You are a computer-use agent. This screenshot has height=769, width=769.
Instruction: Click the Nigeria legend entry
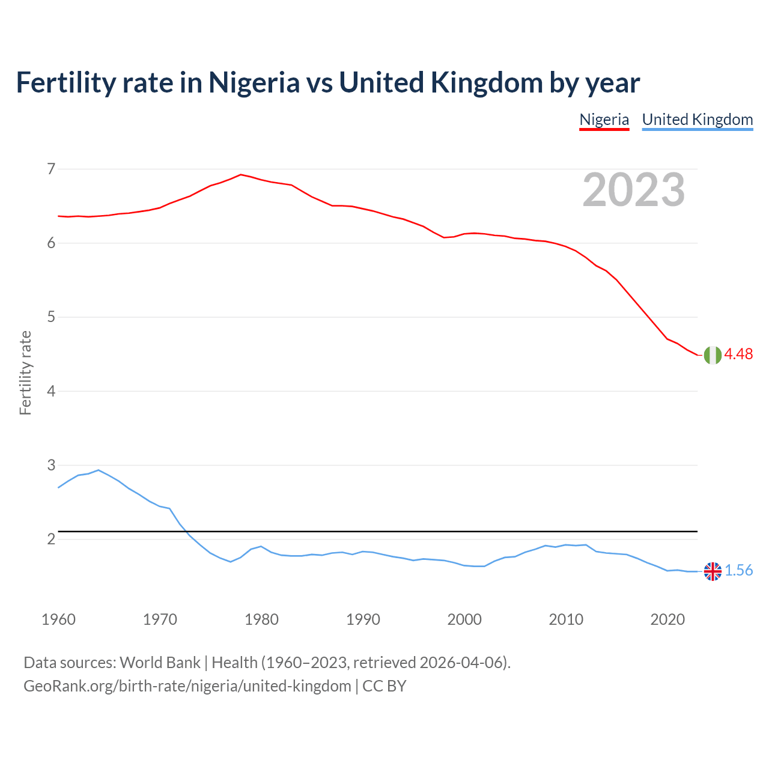604,120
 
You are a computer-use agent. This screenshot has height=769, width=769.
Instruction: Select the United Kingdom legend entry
697,120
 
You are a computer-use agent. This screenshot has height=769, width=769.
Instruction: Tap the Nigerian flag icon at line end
713,355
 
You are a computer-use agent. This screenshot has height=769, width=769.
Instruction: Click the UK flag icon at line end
713,571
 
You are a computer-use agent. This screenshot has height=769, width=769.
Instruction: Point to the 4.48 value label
738,354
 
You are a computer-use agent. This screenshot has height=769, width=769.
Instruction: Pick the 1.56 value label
738,571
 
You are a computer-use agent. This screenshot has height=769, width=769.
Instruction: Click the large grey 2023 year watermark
633,190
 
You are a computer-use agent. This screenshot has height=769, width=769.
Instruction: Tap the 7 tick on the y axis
51,169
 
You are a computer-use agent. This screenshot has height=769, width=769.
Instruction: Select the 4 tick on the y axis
51,391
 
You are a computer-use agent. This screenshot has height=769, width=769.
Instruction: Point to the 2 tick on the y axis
51,539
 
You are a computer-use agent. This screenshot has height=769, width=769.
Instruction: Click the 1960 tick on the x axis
58,619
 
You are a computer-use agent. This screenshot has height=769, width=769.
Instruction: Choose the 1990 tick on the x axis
363,619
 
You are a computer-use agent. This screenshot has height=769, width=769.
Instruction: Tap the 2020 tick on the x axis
667,619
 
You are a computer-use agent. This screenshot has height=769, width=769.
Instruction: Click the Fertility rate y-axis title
25,372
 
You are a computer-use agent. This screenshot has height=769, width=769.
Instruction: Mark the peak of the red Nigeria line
241,175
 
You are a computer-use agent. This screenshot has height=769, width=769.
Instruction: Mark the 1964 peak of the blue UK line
99,470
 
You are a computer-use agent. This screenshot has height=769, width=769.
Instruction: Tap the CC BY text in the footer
384,686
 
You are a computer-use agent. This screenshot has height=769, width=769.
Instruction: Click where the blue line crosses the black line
186,532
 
